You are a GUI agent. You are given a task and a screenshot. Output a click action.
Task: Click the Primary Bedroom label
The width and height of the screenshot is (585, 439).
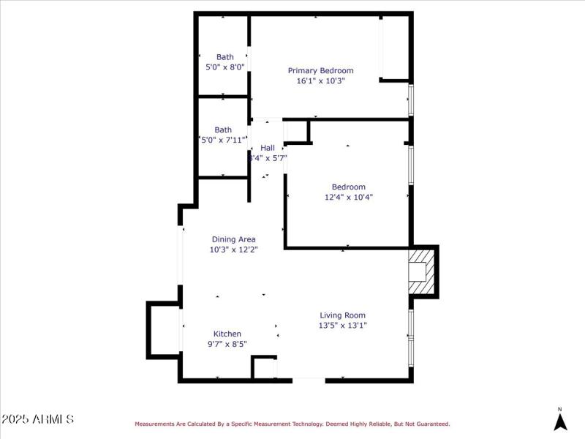(x=320, y=71)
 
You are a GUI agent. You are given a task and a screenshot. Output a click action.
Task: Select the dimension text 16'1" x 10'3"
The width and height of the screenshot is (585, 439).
(x=320, y=81)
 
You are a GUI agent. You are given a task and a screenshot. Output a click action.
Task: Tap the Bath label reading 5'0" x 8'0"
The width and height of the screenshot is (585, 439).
(x=224, y=67)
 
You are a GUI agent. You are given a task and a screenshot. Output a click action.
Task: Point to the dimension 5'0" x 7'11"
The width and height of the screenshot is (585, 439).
(x=223, y=140)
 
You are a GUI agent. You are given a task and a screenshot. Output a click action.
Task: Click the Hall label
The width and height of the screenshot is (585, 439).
(x=268, y=148)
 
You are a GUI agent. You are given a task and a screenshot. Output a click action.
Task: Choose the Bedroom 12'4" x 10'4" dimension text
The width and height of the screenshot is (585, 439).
(x=349, y=197)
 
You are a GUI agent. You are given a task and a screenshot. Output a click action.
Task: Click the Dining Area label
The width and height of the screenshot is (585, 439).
(x=233, y=239)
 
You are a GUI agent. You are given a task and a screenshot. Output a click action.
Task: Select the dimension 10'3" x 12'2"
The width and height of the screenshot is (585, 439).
(x=233, y=249)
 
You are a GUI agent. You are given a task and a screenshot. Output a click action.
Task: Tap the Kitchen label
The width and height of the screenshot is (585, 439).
(x=227, y=334)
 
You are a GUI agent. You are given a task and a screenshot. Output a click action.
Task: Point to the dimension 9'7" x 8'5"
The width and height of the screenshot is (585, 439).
(x=227, y=344)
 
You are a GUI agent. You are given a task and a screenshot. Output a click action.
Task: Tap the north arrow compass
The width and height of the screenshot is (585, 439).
(x=560, y=420)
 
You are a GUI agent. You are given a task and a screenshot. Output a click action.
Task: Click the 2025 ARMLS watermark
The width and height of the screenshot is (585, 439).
(x=37, y=419)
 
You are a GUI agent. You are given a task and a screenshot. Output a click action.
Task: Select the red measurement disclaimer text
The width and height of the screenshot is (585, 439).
(x=292, y=424)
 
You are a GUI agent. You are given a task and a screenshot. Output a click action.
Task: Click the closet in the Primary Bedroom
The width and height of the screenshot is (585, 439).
(x=394, y=47)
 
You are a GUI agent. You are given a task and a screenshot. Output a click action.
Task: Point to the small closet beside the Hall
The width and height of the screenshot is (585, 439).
(x=296, y=132)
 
